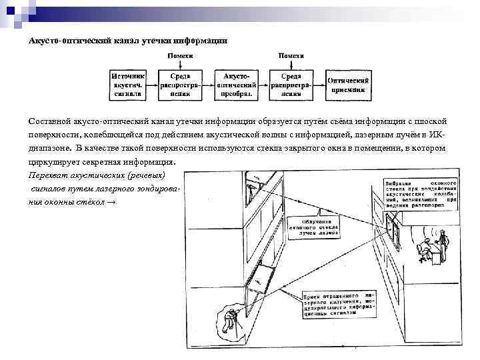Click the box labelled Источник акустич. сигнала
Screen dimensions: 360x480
click(x=127, y=85)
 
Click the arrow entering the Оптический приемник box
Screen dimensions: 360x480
click(x=319, y=85)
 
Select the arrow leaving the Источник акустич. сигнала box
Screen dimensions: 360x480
click(x=153, y=85)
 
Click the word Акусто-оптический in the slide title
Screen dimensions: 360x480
click(x=65, y=41)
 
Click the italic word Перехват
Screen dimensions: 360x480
click(x=47, y=175)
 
